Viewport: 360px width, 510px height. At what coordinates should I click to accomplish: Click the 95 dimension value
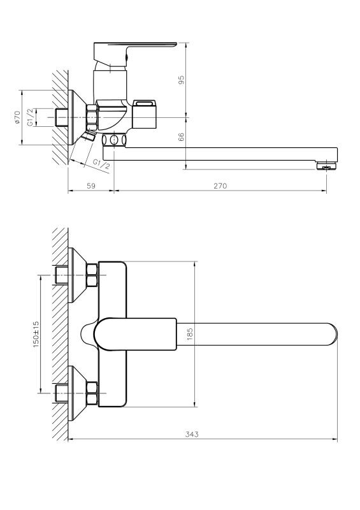click(182, 80)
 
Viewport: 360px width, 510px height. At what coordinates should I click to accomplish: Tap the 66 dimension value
click(182, 137)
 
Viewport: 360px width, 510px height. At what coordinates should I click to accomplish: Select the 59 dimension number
click(91, 186)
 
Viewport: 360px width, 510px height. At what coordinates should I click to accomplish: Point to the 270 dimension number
click(220, 186)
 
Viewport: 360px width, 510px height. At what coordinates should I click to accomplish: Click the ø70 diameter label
click(17, 117)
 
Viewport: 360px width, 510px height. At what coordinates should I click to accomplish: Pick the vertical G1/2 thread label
click(30, 117)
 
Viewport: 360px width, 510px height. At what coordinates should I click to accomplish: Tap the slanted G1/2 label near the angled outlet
click(101, 164)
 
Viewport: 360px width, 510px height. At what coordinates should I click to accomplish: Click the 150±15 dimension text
click(36, 334)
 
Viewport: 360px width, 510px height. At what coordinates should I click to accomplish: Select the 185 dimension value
click(191, 334)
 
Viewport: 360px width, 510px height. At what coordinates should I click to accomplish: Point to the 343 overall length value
click(192, 434)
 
